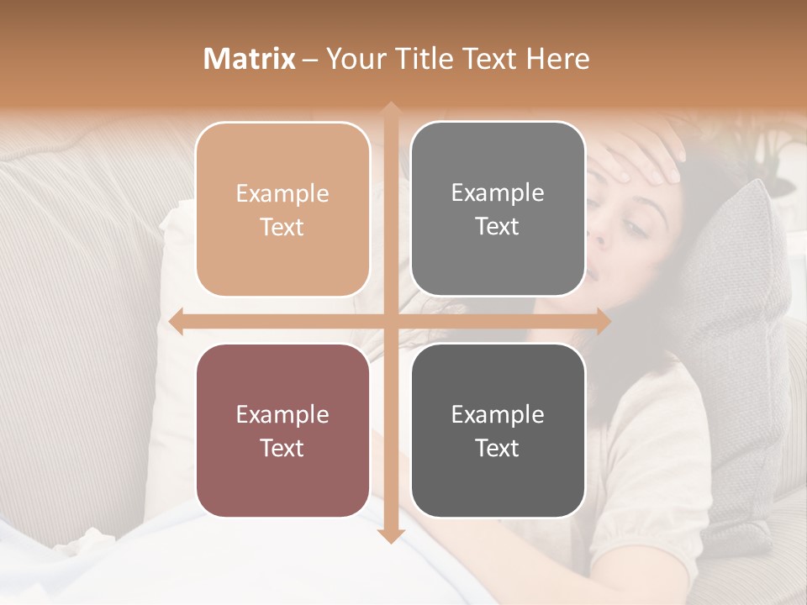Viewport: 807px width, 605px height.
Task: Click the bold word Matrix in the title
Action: click(250, 59)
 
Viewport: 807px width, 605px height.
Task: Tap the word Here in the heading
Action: click(557, 59)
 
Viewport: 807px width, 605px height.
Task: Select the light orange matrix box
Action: click(282, 209)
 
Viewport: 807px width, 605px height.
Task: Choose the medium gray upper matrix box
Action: click(498, 209)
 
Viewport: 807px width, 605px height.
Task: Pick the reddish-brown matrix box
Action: click(282, 430)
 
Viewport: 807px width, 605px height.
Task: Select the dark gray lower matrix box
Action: click(498, 430)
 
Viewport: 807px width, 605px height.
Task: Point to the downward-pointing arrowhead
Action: click(390, 536)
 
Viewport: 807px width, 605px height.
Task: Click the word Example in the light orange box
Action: click(282, 193)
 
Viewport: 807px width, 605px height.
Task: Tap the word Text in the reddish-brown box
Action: click(282, 448)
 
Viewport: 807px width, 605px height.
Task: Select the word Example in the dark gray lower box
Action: click(498, 414)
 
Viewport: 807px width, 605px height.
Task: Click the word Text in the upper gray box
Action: click(498, 227)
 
